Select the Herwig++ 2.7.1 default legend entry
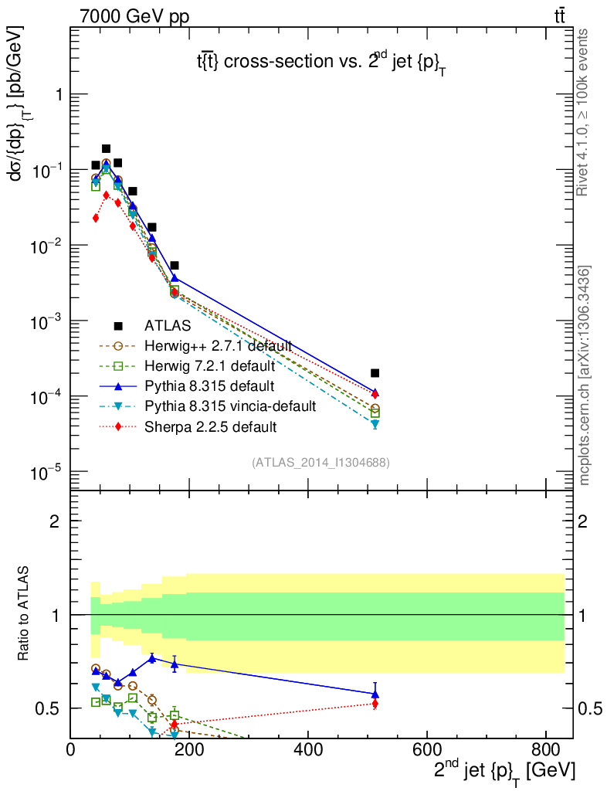(x=218, y=345)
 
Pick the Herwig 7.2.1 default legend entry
(x=210, y=365)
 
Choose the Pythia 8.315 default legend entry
(x=209, y=385)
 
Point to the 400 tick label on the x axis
(x=308, y=749)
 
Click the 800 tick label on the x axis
(x=545, y=749)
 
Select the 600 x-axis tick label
(x=427, y=749)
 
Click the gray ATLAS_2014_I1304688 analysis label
(x=320, y=463)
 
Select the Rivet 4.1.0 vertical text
(x=585, y=112)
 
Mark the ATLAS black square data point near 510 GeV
(x=375, y=373)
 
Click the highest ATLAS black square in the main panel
(x=107, y=149)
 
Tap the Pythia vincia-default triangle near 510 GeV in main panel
(x=375, y=424)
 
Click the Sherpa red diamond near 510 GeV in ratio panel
(x=375, y=704)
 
